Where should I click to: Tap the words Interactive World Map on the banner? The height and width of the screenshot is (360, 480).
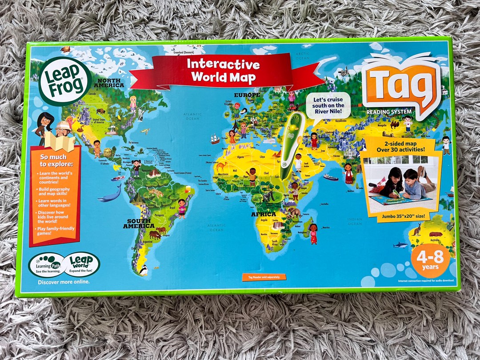(x=223, y=70)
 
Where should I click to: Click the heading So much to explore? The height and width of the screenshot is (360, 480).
(x=53, y=160)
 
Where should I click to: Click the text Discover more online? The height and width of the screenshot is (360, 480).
(x=64, y=281)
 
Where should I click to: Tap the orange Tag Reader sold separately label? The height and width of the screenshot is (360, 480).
(x=264, y=277)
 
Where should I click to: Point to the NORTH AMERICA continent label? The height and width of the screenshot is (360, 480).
(x=108, y=82)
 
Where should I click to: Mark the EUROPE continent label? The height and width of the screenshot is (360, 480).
(x=247, y=95)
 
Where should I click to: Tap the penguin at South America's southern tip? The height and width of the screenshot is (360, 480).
(x=143, y=269)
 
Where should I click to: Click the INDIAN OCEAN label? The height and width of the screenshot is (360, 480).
(x=355, y=221)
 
